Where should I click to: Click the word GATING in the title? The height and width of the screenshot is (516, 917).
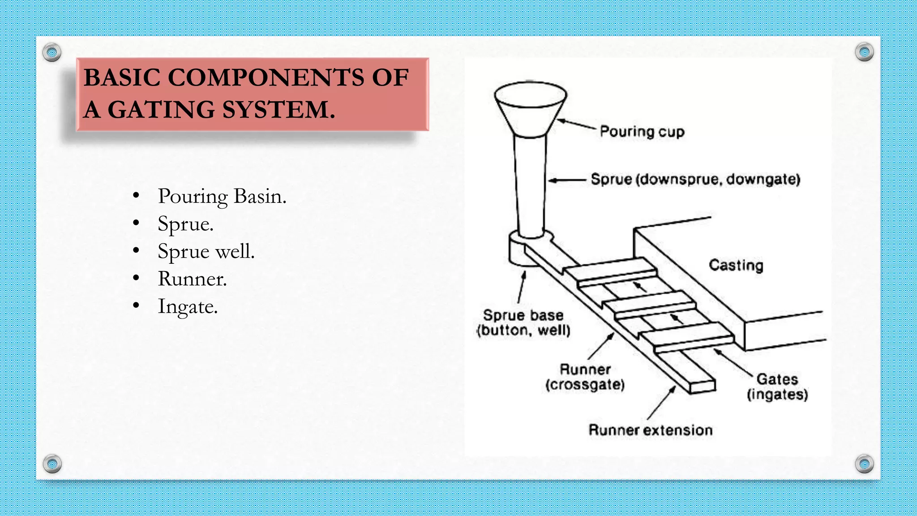161,110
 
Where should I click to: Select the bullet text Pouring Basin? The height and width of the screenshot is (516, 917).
222,196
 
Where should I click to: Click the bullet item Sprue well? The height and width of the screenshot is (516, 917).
206,251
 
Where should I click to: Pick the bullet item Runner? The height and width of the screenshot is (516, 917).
192,279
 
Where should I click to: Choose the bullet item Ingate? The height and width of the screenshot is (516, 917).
188,307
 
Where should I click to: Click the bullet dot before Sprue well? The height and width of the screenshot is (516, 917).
136,250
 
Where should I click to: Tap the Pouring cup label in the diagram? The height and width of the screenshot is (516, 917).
642,132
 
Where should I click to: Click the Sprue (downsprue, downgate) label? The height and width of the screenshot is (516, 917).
695,180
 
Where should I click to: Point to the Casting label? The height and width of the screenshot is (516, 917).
736,265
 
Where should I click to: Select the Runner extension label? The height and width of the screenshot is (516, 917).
650,430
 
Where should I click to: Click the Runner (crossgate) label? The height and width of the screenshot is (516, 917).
585,377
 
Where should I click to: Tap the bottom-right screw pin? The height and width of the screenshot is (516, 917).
864,464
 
